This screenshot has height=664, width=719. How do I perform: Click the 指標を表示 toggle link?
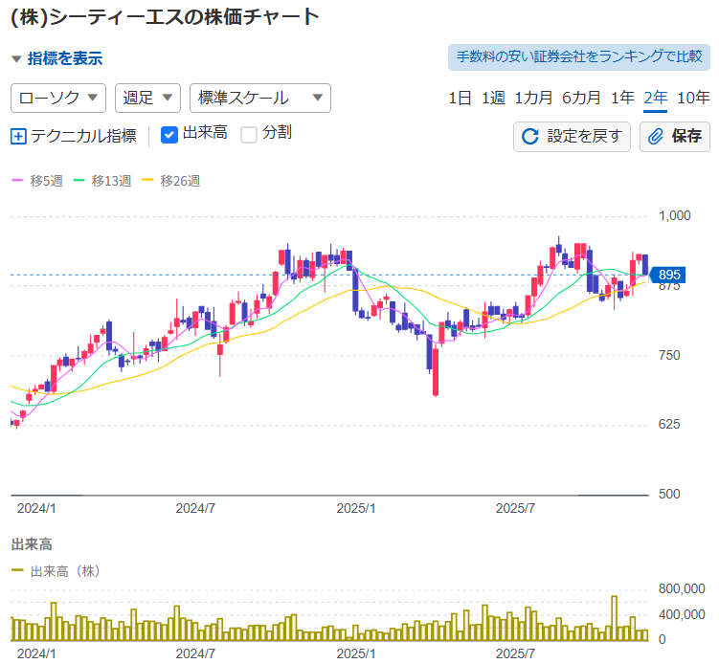64,58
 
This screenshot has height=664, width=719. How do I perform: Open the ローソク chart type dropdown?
58,98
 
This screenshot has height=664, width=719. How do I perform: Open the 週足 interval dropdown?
147,98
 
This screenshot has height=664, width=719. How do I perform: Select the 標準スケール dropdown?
260,98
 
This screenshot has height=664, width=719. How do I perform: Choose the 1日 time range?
460,98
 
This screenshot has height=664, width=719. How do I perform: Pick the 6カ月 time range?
581,98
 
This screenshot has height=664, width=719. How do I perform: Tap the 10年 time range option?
693,98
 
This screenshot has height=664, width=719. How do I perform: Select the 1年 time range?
622,98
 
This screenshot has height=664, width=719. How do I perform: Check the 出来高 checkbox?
169,135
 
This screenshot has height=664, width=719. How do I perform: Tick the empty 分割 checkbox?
249,135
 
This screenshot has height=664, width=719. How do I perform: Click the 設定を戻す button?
572,136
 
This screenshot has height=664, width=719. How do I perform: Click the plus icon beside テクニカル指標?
18,136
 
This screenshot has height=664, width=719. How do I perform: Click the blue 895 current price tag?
668,276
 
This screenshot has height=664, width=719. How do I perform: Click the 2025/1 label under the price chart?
356,507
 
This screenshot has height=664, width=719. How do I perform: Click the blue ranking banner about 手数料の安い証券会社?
579,57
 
